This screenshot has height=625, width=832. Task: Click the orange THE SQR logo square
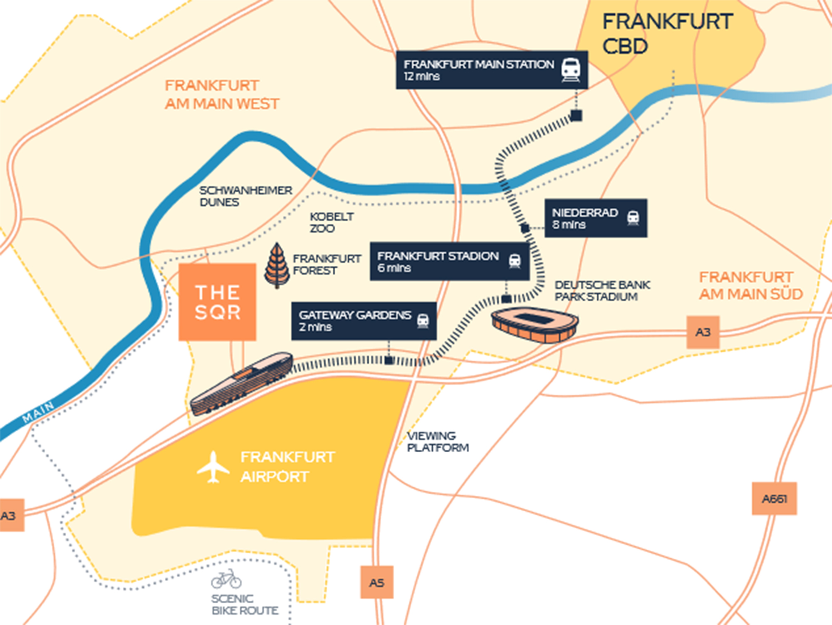(x=217, y=302)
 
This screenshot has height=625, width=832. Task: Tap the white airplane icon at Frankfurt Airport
(x=213, y=467)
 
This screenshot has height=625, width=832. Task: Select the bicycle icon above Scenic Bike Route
(x=226, y=579)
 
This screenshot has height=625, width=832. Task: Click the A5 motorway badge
(x=376, y=582)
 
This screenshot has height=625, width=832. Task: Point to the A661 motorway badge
(x=774, y=499)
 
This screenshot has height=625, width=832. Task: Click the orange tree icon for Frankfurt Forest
(x=277, y=265)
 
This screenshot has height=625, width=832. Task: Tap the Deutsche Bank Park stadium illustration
(x=535, y=325)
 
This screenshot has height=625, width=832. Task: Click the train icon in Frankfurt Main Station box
(x=570, y=69)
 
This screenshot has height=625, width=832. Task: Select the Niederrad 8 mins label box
(x=596, y=218)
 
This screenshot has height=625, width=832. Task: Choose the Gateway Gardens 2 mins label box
(x=364, y=321)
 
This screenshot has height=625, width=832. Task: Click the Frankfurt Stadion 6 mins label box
(x=449, y=261)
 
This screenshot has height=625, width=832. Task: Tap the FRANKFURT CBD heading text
(x=666, y=33)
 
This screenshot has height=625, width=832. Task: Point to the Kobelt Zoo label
(x=331, y=222)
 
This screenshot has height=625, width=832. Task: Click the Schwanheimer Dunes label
(x=245, y=196)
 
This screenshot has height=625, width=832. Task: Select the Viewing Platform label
(x=438, y=441)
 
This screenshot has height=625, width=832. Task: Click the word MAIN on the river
(x=38, y=412)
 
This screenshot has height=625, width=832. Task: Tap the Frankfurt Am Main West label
(x=222, y=94)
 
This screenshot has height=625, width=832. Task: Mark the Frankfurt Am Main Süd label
(x=750, y=285)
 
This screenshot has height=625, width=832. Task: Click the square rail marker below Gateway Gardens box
(x=389, y=360)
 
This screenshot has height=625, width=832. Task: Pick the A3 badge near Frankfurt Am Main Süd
(x=703, y=332)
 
